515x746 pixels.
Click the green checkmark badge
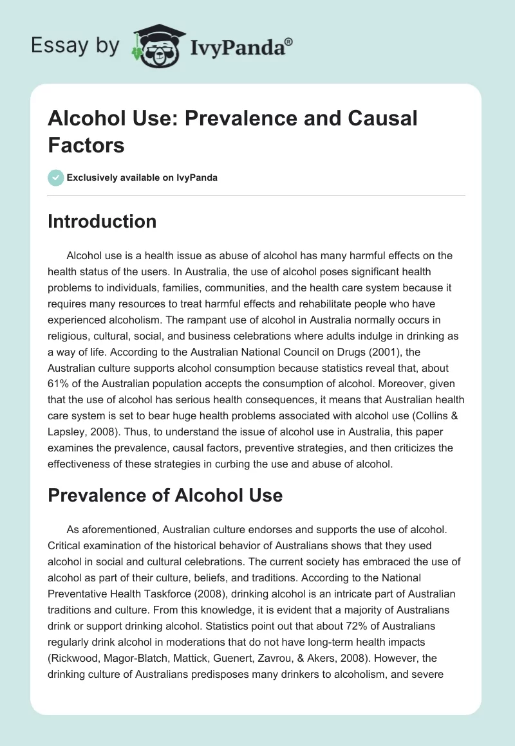[56, 177]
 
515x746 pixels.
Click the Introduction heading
[102, 221]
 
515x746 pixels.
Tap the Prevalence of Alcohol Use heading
[165, 495]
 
